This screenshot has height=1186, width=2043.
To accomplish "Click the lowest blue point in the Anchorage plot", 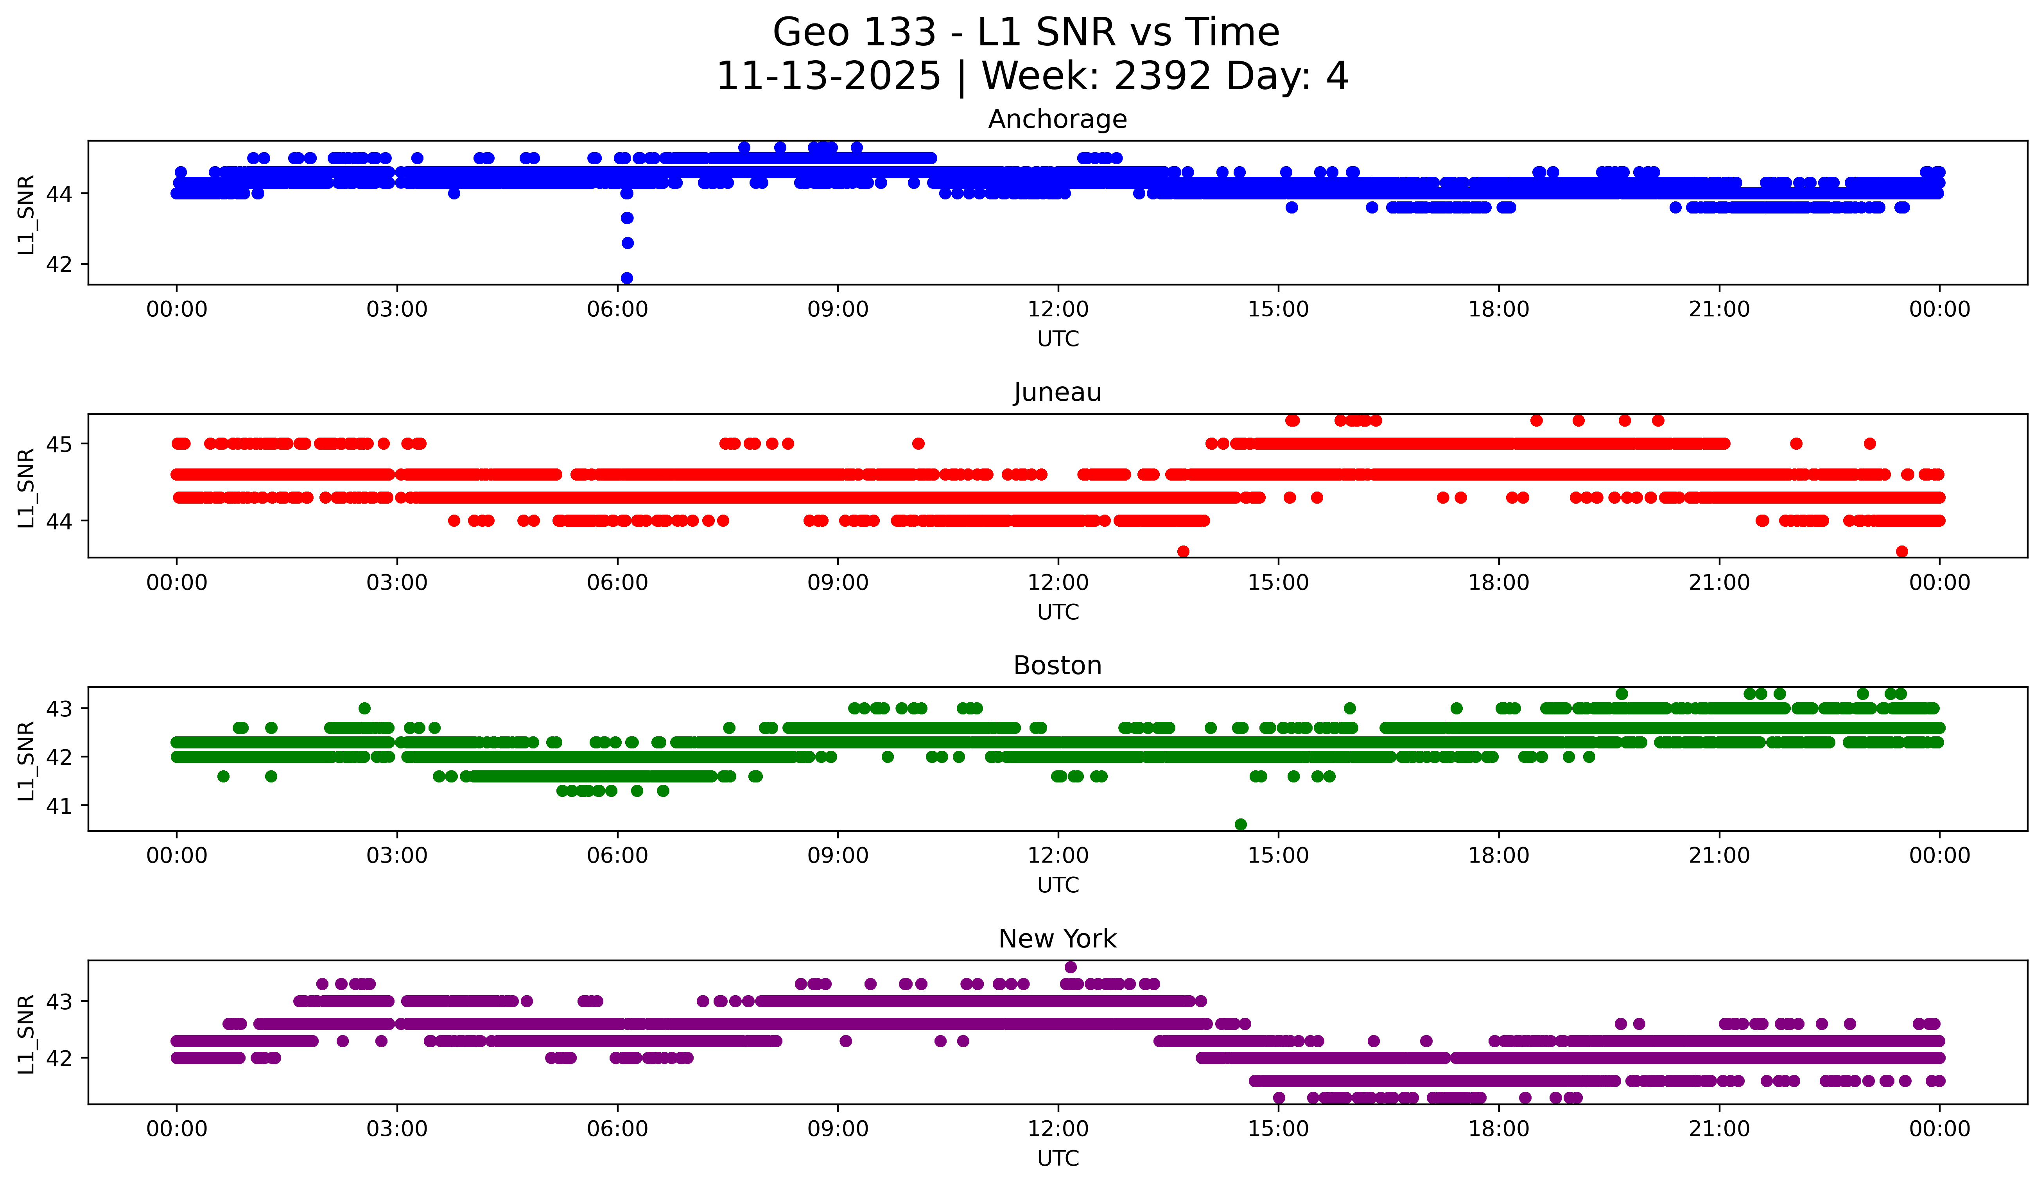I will pyautogui.click(x=627, y=278).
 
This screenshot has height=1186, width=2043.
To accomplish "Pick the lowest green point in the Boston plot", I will pyautogui.click(x=1240, y=824).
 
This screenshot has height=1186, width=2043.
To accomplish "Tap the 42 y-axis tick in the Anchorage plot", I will pyautogui.click(x=58, y=264).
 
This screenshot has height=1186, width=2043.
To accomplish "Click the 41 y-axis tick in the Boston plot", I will pyautogui.click(x=58, y=806).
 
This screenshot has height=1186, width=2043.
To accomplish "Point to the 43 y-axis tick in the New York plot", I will pyautogui.click(x=58, y=1001).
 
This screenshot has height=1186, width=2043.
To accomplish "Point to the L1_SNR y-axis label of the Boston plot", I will pyautogui.click(x=26, y=761).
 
